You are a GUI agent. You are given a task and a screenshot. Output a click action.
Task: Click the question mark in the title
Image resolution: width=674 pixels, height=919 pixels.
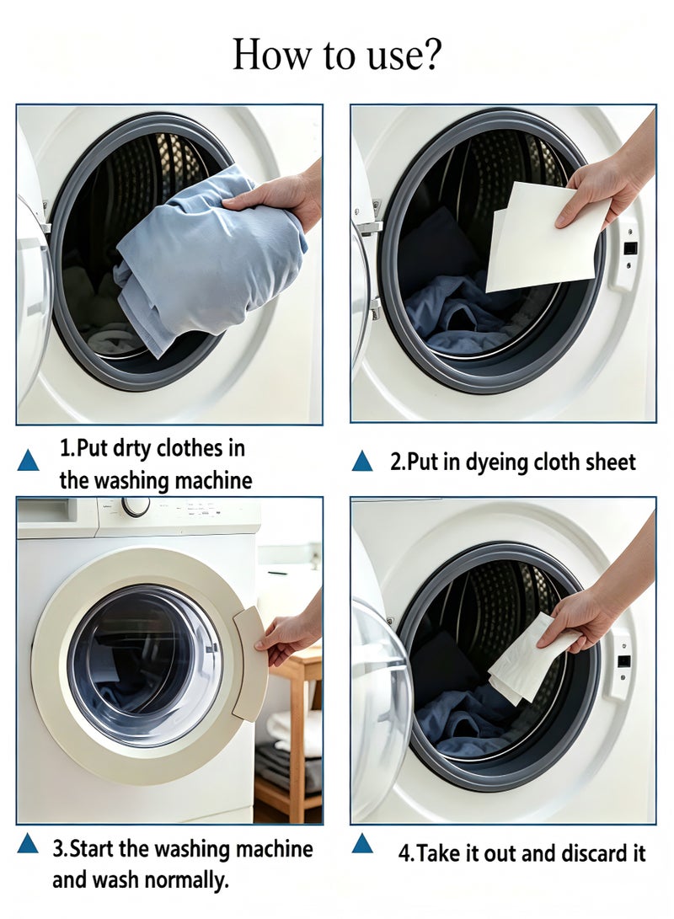(x=431, y=54)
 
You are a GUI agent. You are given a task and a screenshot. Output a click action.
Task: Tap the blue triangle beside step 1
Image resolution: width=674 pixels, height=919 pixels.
(x=28, y=461)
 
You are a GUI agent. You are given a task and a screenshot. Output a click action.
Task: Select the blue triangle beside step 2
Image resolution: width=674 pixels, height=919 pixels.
(x=362, y=461)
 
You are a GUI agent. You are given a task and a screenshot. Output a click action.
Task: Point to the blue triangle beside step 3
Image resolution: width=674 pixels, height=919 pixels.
(x=28, y=843)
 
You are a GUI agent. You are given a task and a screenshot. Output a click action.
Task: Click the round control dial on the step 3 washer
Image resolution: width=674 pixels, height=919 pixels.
(x=136, y=505)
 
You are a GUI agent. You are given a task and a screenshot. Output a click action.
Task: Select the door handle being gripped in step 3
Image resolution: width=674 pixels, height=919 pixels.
(x=251, y=662)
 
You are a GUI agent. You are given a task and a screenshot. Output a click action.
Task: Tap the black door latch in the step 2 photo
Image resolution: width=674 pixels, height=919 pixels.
(x=631, y=248)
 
